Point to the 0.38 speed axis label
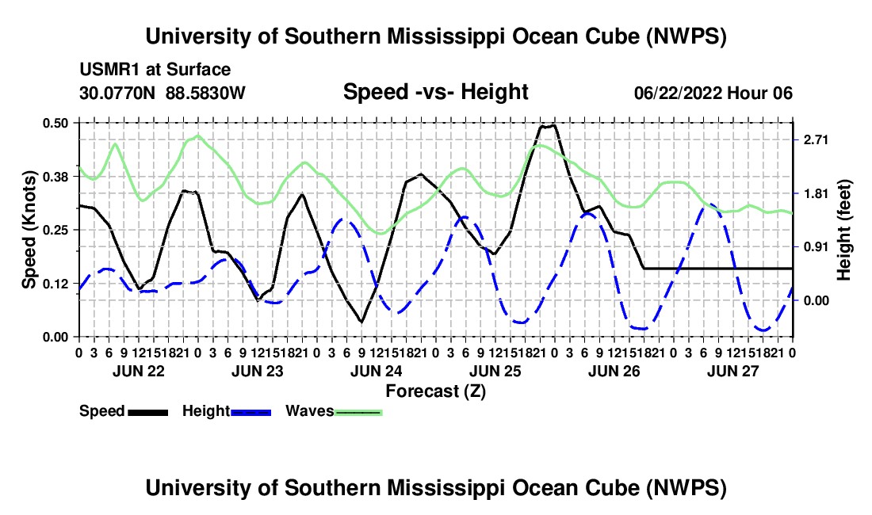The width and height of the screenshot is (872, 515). tap(55, 177)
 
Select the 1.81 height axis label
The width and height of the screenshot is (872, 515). tap(816, 193)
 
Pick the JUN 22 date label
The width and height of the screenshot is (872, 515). tap(139, 371)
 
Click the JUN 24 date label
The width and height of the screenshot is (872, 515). tap(376, 371)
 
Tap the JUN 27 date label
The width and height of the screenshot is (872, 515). tap(733, 371)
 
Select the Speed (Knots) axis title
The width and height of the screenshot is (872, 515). tap(29, 230)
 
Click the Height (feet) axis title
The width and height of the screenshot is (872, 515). tap(843, 230)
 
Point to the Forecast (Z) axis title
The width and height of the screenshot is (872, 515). tap(435, 391)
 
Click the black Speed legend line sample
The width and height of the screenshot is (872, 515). tap(148, 412)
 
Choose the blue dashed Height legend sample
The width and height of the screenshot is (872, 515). tap(251, 412)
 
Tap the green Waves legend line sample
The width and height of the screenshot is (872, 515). tap(358, 412)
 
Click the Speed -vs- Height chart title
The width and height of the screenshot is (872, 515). tap(435, 92)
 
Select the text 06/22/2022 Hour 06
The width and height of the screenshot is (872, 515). tap(713, 93)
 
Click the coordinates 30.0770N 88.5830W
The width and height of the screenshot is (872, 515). tap(162, 93)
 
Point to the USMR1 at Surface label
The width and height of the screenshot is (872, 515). tap(155, 70)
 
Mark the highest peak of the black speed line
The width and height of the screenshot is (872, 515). tap(548, 126)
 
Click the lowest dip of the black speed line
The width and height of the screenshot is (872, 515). tap(361, 322)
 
